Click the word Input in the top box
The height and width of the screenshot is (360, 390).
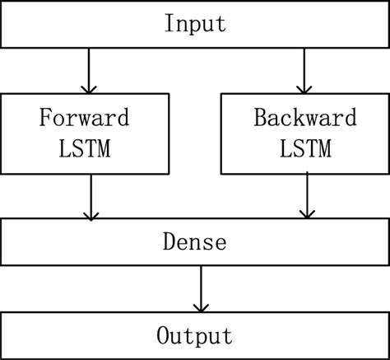click(195, 23)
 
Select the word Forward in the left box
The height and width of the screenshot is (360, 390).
click(85, 118)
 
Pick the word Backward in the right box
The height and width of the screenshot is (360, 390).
click(304, 118)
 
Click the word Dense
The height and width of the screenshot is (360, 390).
click(195, 243)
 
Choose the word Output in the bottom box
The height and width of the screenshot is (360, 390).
click(195, 336)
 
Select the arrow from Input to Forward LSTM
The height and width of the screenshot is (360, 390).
click(88, 70)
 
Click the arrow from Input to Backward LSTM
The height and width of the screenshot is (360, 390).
click(305, 70)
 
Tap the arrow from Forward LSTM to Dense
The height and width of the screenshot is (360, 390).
click(91, 197)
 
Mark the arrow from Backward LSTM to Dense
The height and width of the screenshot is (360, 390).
click(306, 195)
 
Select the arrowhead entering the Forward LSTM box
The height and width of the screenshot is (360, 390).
click(88, 87)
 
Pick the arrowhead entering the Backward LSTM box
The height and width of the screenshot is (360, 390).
click(305, 87)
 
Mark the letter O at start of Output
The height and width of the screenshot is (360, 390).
click(162, 336)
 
